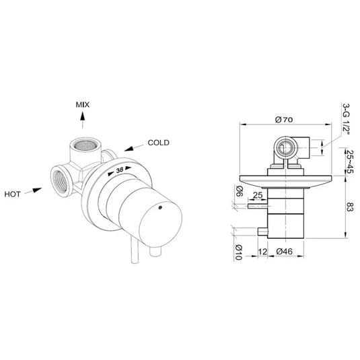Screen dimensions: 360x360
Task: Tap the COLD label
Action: [159, 143]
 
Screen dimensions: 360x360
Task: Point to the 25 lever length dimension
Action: [256, 196]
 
